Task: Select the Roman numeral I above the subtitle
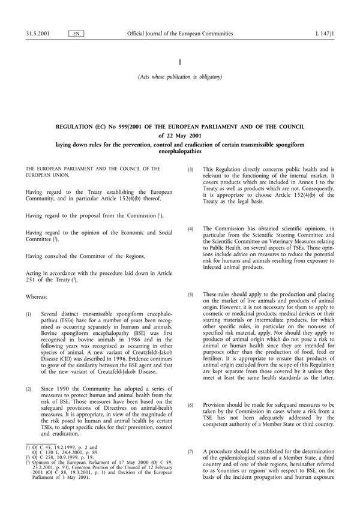point(180,62)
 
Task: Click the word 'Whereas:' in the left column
point(38,296)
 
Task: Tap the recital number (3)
point(191,170)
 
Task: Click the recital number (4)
point(191,229)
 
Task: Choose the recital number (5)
point(191,295)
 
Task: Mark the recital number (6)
point(191,406)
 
